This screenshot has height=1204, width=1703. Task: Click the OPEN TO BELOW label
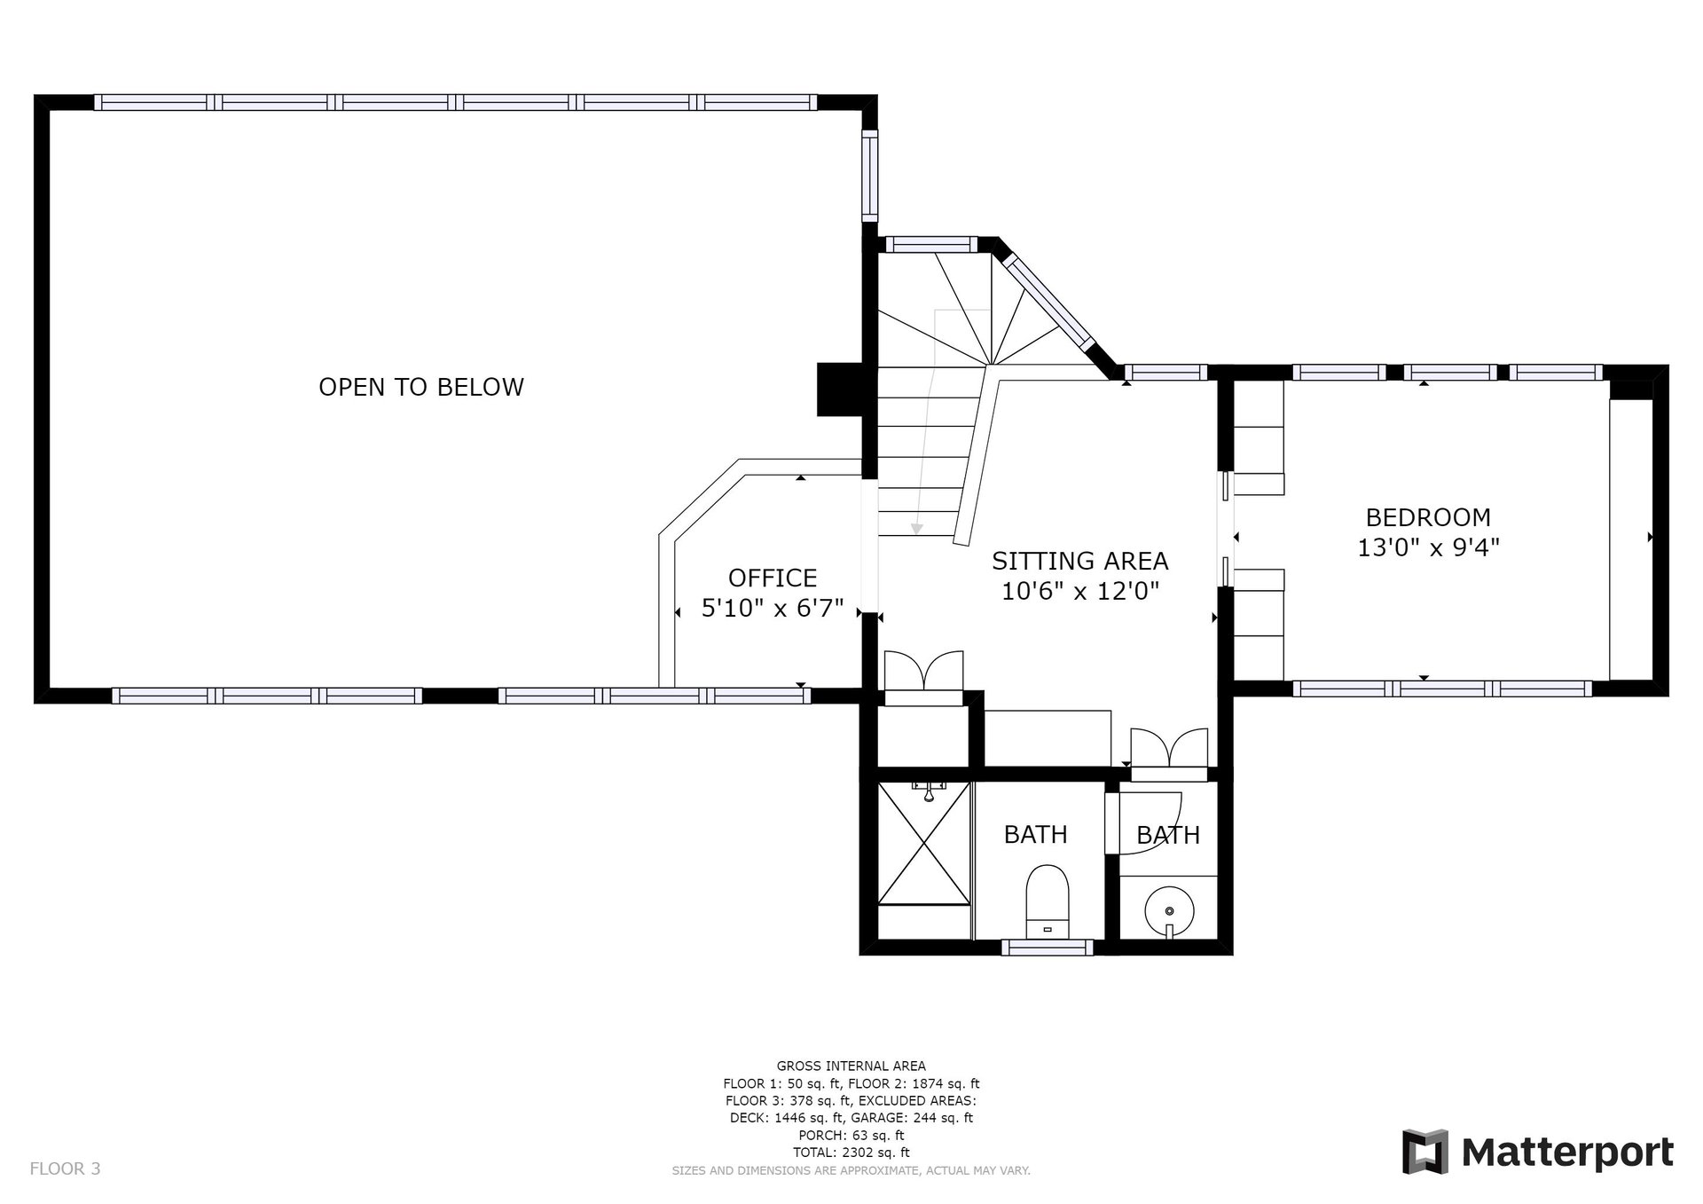(x=421, y=387)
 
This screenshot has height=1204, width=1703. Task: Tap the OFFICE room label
(x=772, y=578)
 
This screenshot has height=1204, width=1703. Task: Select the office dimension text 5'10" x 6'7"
(x=772, y=609)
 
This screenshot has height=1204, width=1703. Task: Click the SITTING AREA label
(x=1079, y=561)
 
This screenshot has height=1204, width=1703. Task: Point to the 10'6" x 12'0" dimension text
(x=1079, y=591)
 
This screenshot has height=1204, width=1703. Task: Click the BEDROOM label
(x=1427, y=516)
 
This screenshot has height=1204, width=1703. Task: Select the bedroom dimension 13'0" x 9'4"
(x=1427, y=547)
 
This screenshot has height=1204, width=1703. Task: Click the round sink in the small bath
(x=1169, y=910)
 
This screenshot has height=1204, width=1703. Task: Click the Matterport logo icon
(x=1424, y=1152)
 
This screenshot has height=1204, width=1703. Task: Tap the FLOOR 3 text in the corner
(x=65, y=1169)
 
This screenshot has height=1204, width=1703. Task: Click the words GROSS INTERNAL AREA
(x=851, y=1066)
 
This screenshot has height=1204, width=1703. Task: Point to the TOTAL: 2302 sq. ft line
(x=851, y=1153)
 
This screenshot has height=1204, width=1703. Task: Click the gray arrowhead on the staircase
(x=916, y=529)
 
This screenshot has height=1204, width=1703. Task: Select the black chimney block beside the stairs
(x=839, y=389)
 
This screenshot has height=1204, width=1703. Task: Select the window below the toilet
(x=1048, y=948)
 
